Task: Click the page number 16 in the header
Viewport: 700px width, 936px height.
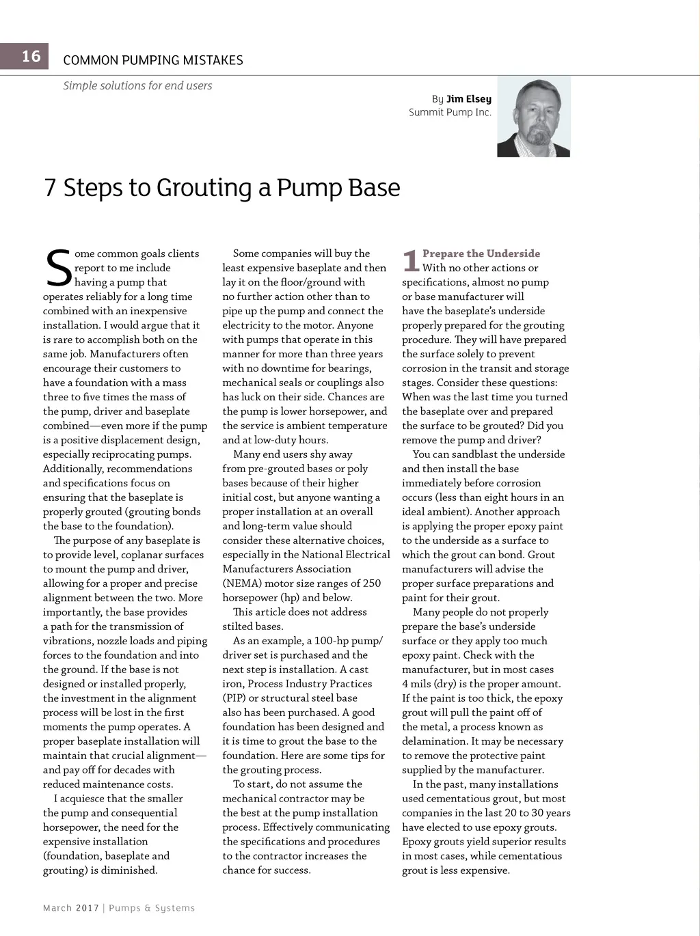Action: [31, 56]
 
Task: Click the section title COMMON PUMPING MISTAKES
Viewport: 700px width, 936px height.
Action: [152, 60]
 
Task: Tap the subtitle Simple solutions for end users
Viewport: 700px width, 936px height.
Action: [137, 85]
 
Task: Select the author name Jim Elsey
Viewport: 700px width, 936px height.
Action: [469, 99]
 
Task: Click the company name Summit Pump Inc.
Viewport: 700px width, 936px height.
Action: [450, 112]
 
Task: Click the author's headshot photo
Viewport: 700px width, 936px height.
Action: [534, 117]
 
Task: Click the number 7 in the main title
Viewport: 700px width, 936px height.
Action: [50, 188]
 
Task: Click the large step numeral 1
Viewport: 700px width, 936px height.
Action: [410, 260]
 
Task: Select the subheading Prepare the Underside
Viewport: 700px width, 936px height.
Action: [481, 253]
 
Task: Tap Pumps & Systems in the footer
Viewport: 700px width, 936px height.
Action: [152, 908]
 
